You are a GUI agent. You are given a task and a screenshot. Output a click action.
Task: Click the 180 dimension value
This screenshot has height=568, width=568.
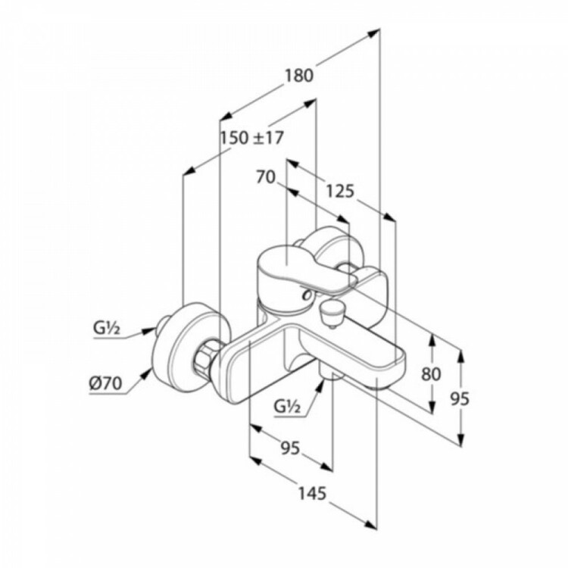click(298, 76)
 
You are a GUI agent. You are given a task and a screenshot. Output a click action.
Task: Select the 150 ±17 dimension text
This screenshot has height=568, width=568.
click(252, 138)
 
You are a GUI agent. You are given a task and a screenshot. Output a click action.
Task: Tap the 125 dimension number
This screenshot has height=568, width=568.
click(340, 192)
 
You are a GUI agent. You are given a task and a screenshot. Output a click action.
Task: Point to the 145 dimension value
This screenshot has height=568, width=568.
click(312, 493)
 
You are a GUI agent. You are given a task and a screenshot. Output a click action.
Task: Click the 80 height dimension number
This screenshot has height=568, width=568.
click(431, 374)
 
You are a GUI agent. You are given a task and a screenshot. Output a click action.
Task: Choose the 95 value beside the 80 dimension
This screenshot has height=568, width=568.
click(460, 398)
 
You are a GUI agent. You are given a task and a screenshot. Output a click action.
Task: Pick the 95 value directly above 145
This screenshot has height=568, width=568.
click(291, 448)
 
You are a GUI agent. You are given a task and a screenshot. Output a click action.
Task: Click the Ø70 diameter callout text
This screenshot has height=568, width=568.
click(106, 383)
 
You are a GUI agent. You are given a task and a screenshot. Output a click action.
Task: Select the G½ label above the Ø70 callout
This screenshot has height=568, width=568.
click(107, 329)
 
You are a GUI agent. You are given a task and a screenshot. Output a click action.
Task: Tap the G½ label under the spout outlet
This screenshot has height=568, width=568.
click(287, 407)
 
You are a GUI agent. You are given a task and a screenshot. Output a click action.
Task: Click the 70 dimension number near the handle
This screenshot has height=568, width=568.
click(266, 177)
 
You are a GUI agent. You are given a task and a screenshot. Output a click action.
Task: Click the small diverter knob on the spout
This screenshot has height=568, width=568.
click(330, 311)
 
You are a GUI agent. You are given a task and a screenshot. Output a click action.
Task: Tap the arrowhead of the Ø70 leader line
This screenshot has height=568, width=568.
click(148, 373)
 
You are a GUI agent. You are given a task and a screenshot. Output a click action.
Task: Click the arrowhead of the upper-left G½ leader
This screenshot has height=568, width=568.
click(149, 331)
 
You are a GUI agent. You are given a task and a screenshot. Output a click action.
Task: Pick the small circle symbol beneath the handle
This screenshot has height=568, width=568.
click(307, 295)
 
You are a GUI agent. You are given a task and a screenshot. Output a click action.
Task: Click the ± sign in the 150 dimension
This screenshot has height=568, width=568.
click(258, 139)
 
